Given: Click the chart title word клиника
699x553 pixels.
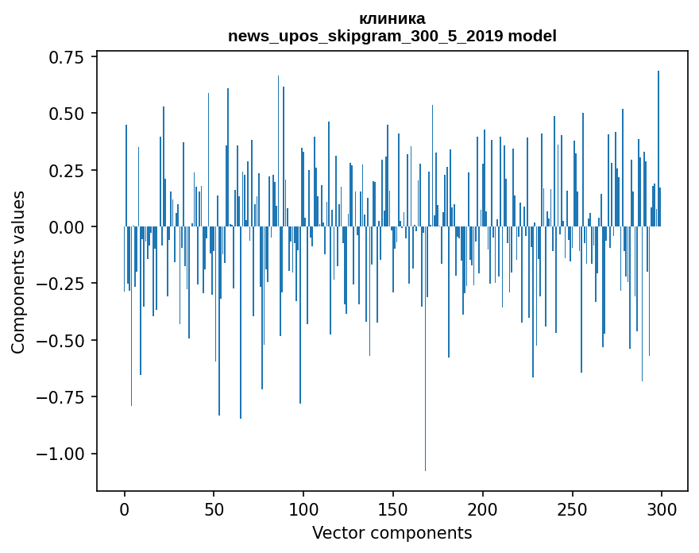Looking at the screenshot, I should pyautogui.click(x=392, y=18).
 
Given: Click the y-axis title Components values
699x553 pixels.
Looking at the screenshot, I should pyautogui.click(x=18, y=272).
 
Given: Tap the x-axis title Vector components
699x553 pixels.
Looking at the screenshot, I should pyautogui.click(x=392, y=533).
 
